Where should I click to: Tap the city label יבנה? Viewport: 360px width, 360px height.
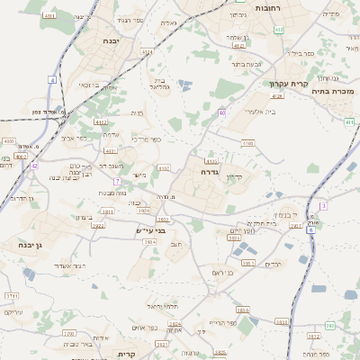tap(110, 40)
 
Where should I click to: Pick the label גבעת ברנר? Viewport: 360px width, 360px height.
tap(246, 64)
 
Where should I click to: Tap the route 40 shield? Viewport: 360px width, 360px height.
tap(221, 112)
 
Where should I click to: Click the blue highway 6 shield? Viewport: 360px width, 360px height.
tap(310, 229)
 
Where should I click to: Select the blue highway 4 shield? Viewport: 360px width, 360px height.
tap(52, 80)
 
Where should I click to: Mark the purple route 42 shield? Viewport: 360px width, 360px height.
tap(34, 166)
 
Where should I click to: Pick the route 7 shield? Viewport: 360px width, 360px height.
tap(117, 181)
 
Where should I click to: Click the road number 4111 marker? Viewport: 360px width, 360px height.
tap(99, 121)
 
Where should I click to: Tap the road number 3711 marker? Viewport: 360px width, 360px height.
tap(12, 295)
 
